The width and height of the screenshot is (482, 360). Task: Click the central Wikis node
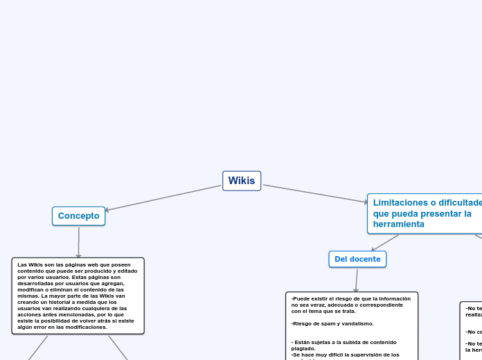click(242, 181)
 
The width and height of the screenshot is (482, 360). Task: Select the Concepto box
click(78, 216)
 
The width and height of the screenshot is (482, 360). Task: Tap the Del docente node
click(357, 259)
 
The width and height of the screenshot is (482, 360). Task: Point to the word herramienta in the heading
click(398, 224)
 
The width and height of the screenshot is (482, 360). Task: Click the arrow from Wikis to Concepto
click(163, 198)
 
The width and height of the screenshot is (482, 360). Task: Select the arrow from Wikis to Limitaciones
click(315, 194)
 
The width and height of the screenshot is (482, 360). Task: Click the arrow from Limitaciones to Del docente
click(386, 242)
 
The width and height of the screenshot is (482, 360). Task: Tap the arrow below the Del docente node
click(357, 280)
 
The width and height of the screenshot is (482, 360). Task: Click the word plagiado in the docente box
click(303, 348)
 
